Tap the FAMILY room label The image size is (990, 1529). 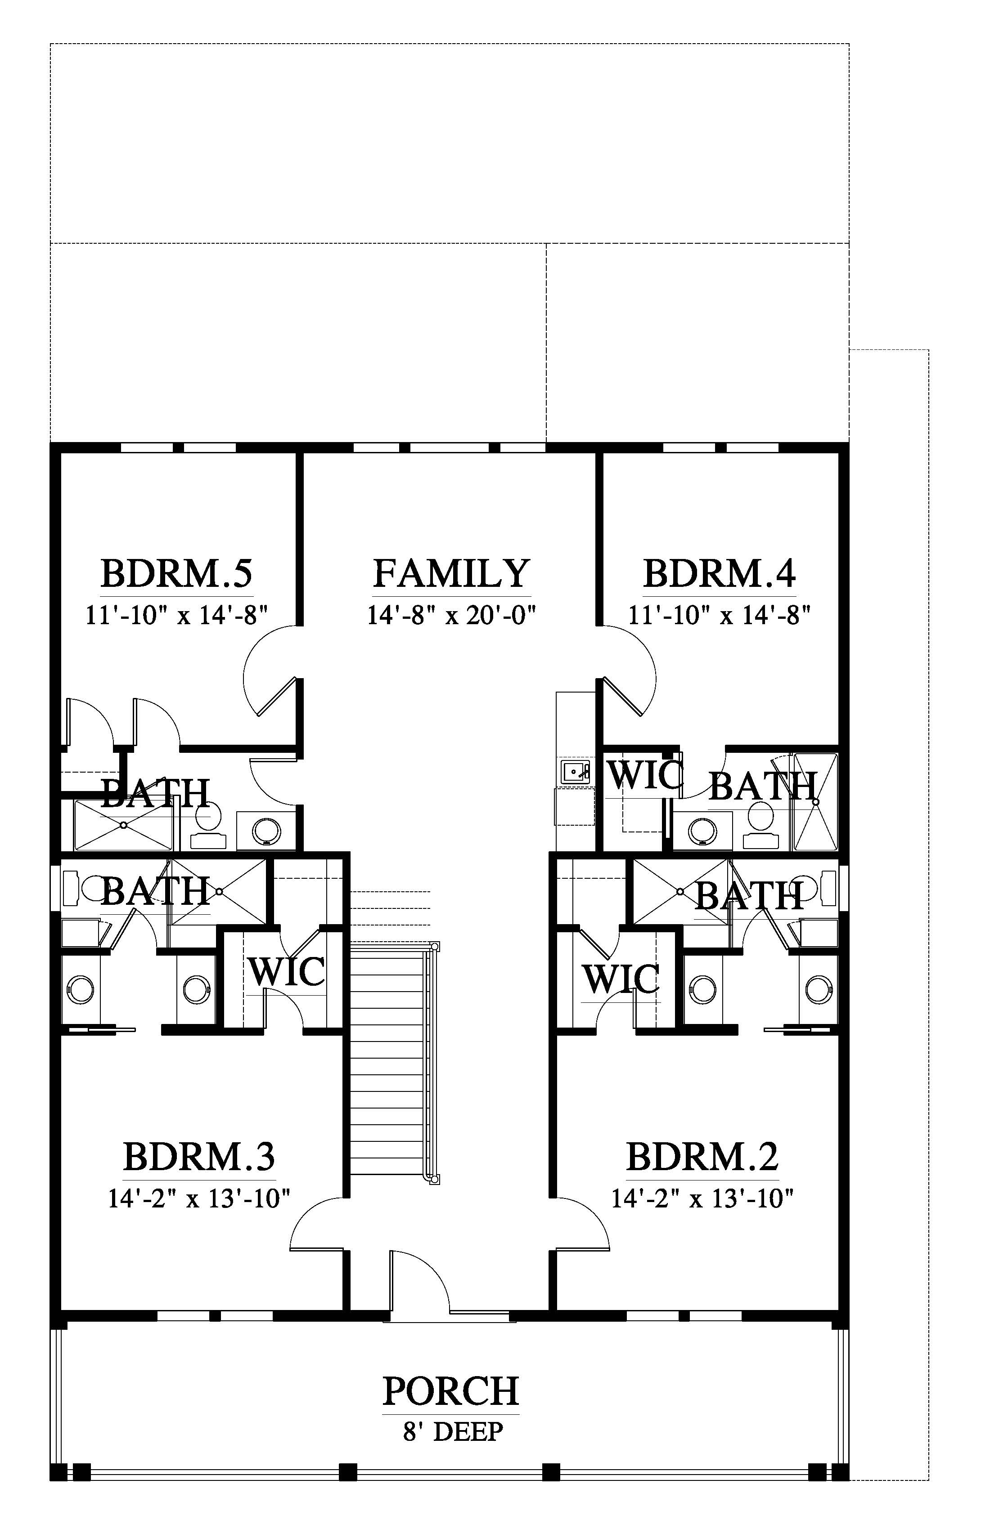coord(451,574)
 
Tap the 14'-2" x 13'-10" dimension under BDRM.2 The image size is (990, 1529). coord(702,1199)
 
